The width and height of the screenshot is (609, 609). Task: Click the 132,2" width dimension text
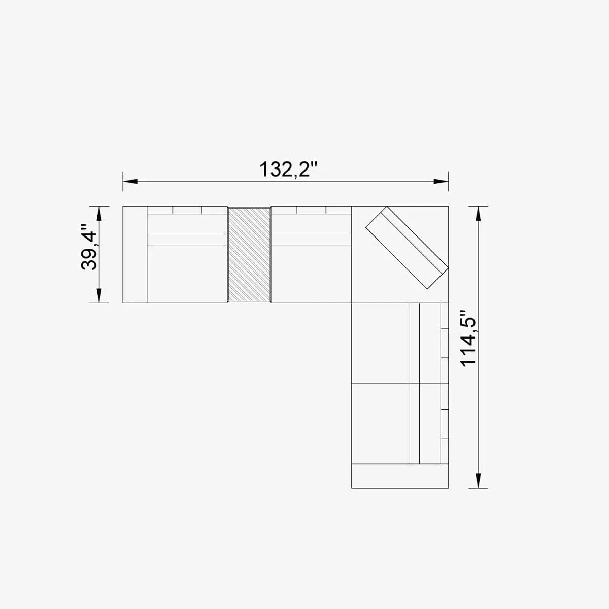pos(288,169)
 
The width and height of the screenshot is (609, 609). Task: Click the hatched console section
pos(249,254)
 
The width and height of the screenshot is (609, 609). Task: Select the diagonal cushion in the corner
pos(407,248)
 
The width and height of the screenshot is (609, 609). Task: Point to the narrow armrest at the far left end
pos(134,254)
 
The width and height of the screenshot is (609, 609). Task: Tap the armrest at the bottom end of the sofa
pos(400,476)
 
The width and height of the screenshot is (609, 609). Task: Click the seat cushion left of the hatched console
pos(187,274)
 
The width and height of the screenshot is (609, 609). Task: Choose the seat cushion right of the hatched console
pos(311,274)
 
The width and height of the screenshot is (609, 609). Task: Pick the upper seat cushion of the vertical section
pos(380,343)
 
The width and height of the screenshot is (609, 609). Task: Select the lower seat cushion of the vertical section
pos(380,423)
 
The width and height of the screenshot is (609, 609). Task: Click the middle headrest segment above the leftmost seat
pos(187,210)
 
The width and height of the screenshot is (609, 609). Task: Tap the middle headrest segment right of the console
pos(311,210)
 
